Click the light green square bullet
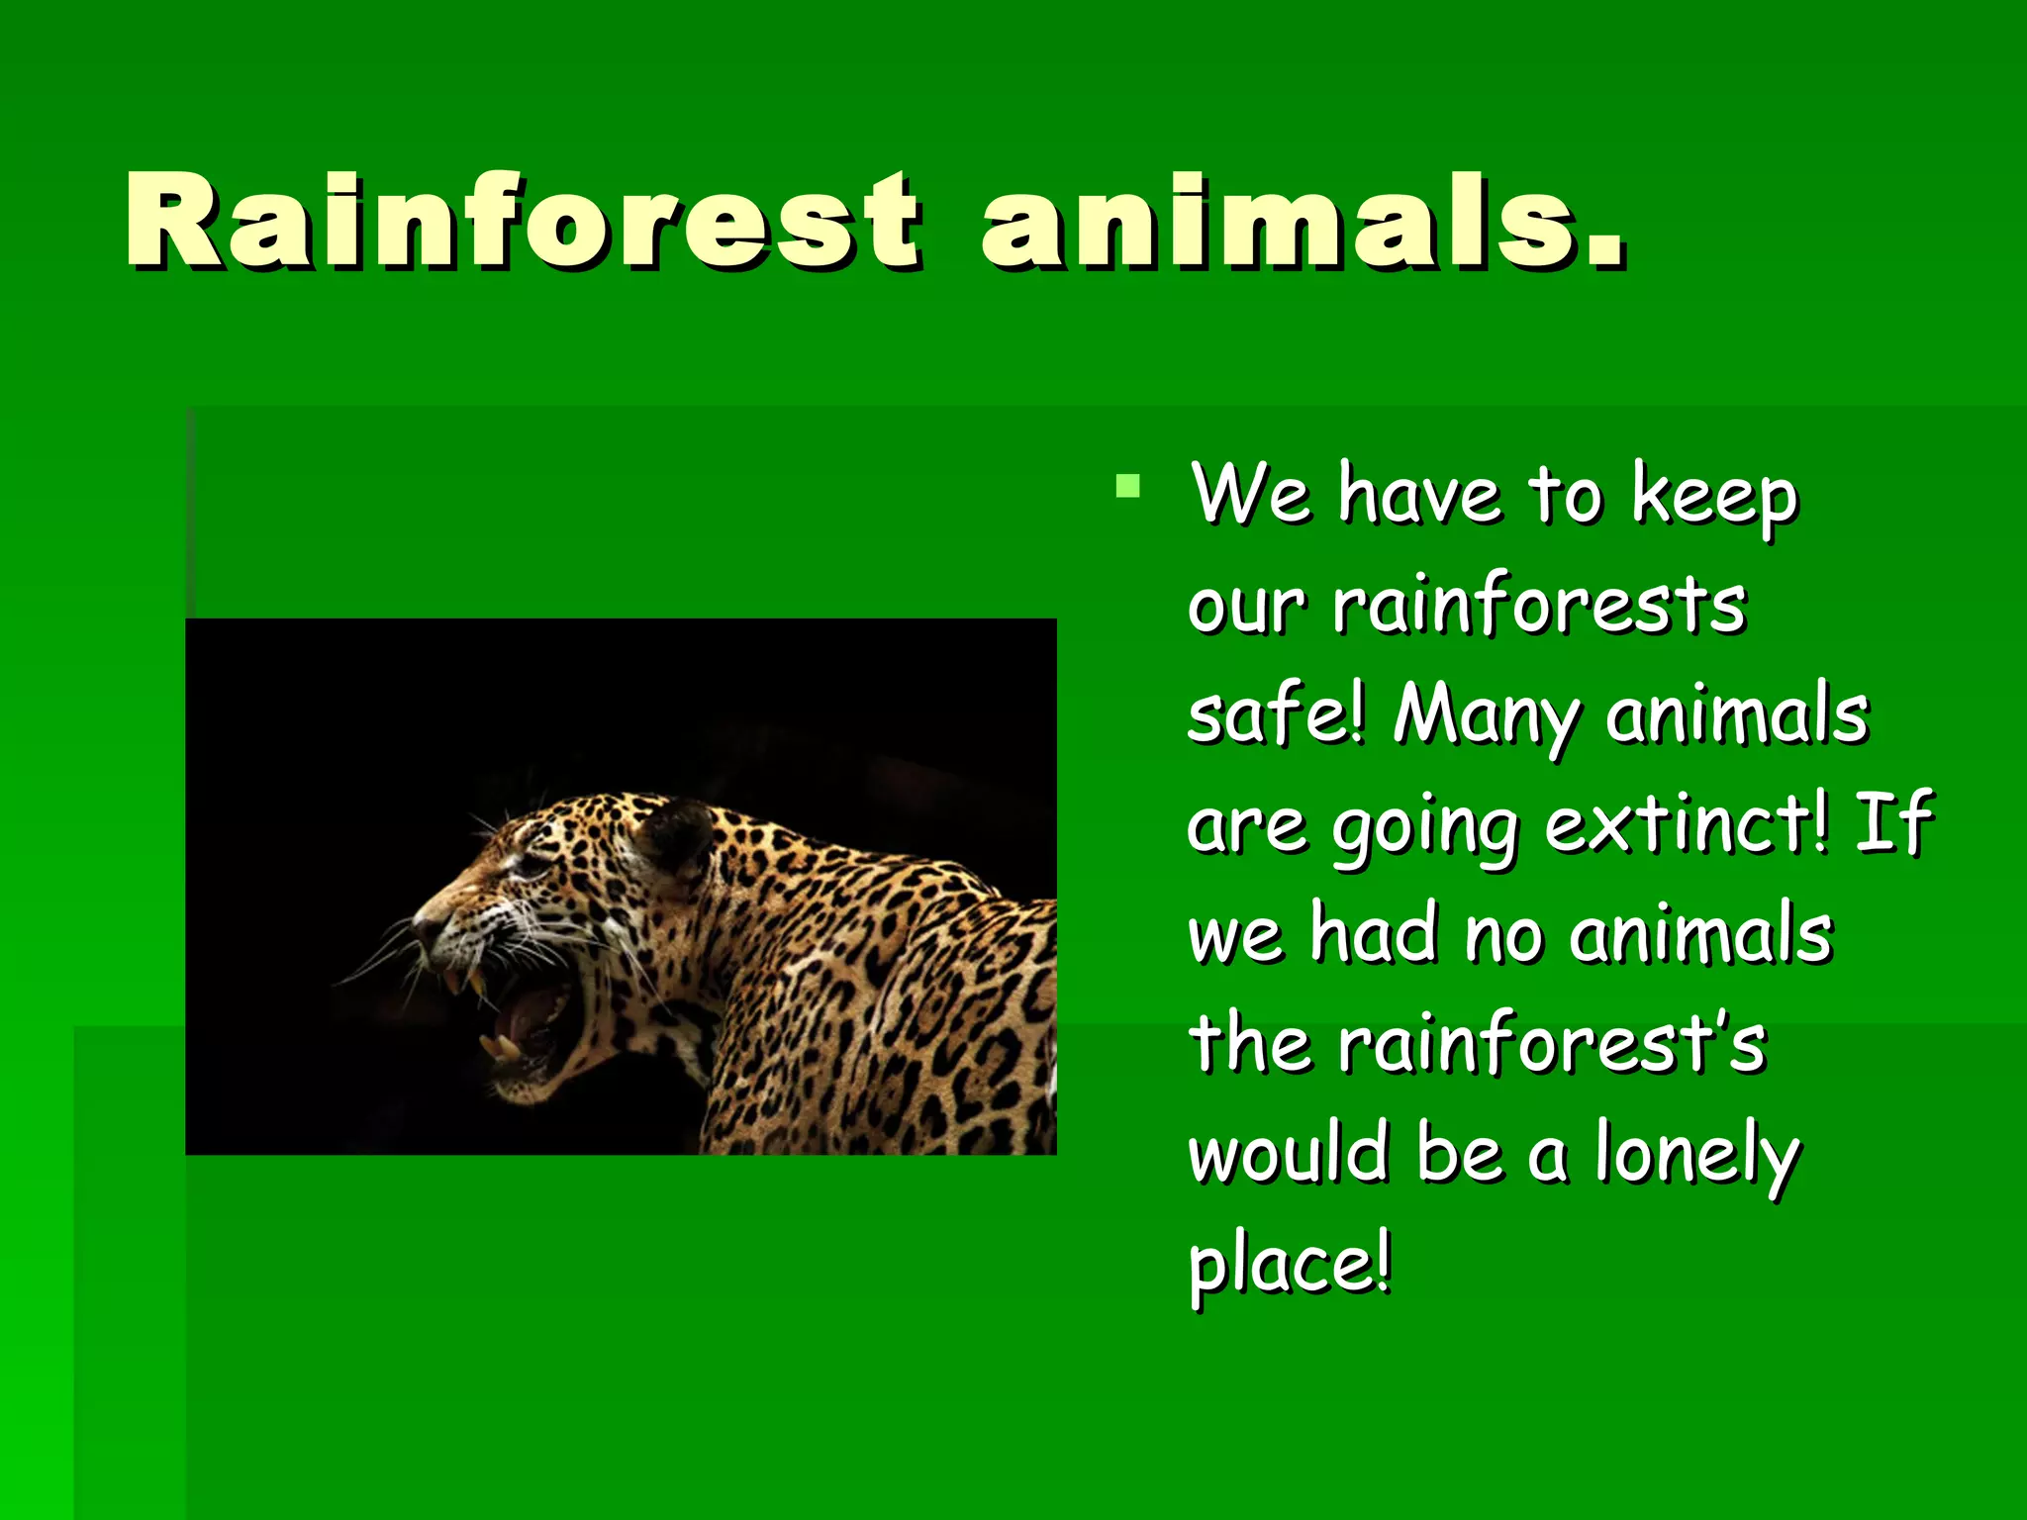coord(1127,485)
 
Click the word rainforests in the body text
coord(1539,605)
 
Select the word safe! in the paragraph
coord(1276,714)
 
